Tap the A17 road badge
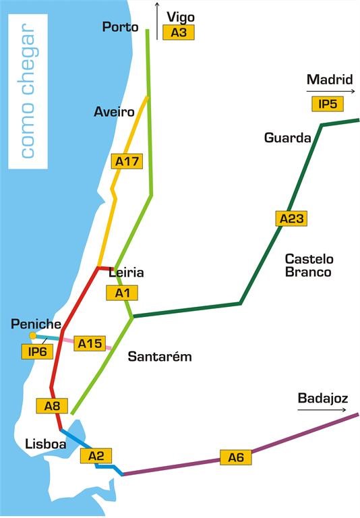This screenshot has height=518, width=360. (127, 161)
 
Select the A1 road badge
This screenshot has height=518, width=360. (122, 293)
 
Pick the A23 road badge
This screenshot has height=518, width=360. (292, 218)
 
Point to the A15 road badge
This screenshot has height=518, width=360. (89, 343)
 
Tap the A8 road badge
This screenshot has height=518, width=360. (52, 405)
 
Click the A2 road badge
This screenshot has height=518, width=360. (96, 456)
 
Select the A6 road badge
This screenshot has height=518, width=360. (235, 458)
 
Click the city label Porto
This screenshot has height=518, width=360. (120, 27)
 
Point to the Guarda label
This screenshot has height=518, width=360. (287, 138)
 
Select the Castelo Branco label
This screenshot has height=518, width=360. (309, 265)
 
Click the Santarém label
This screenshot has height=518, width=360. (160, 357)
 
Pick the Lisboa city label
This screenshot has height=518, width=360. (44, 444)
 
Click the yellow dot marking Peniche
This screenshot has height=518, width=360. (32, 335)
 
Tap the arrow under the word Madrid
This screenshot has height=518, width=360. (330, 91)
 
